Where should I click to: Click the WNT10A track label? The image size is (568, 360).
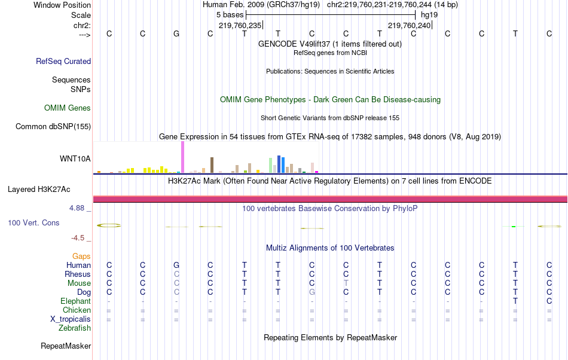pos(75,158)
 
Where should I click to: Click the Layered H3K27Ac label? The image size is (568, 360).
pos(39,190)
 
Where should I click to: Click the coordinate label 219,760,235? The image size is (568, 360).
pos(240,25)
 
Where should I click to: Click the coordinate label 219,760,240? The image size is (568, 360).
pos(409,25)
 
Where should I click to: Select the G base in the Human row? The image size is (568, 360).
pos(176,265)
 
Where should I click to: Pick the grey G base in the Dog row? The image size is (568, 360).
pos(312,292)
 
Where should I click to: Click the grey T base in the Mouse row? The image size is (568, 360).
pos(346,283)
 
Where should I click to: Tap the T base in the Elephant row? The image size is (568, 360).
pos(515,301)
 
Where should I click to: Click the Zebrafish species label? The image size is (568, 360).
pos(75,328)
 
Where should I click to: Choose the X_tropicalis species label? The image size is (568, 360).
pos(71,319)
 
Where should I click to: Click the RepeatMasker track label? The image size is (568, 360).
pos(66,346)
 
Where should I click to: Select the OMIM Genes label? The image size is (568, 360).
pos(68,108)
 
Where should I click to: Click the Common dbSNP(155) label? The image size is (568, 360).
pos(53,126)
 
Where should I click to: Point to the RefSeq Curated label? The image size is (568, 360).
pos(63,61)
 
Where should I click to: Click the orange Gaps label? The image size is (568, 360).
pos(81,256)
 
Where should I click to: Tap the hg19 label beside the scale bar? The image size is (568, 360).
pos(429,14)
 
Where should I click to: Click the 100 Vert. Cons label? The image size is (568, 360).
pos(33,222)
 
